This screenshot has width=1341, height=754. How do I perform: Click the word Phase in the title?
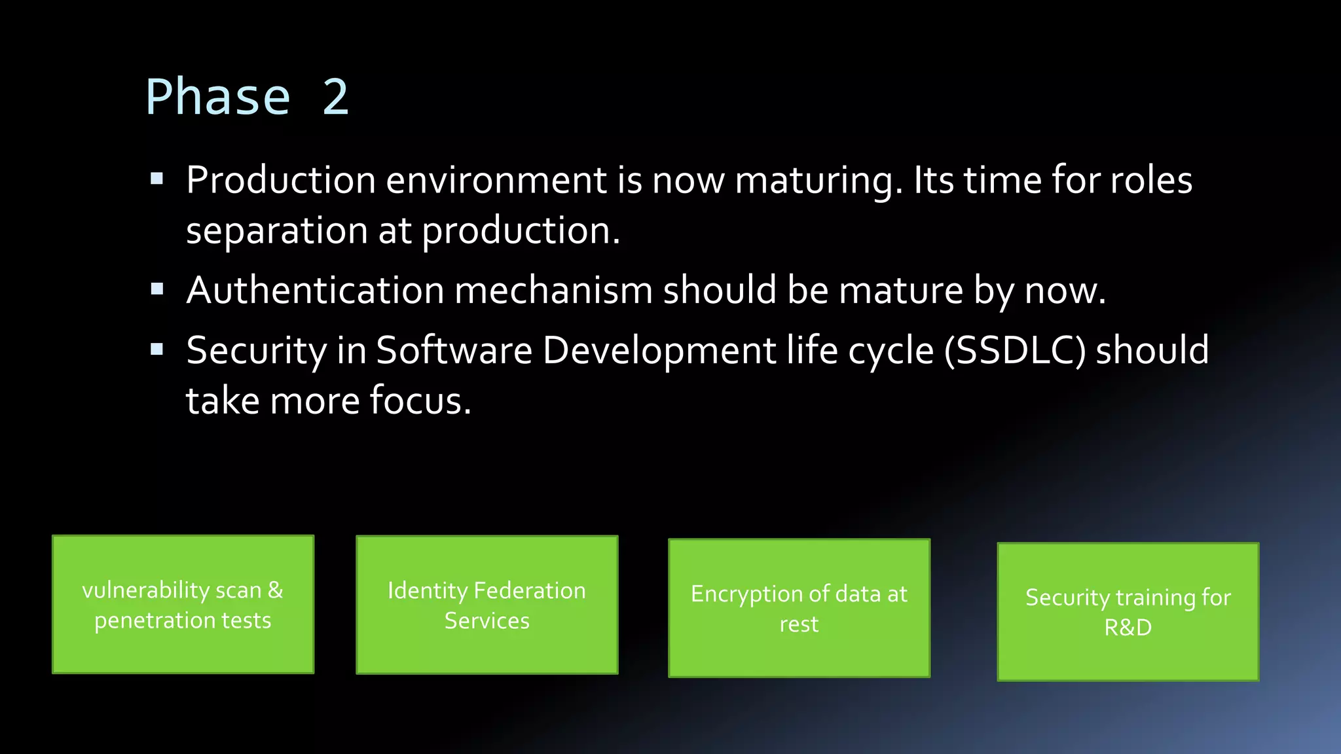coord(217,98)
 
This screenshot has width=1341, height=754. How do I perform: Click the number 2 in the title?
coord(335,98)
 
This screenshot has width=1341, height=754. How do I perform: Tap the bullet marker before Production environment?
coord(156,179)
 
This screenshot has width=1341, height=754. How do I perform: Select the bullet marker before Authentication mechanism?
coord(156,289)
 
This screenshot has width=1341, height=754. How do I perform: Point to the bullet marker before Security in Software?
coord(156,349)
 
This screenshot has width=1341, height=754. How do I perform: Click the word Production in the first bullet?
coord(280,180)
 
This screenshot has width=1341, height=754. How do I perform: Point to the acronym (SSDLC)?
coord(1014,350)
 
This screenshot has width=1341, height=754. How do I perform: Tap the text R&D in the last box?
coord(1128,627)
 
